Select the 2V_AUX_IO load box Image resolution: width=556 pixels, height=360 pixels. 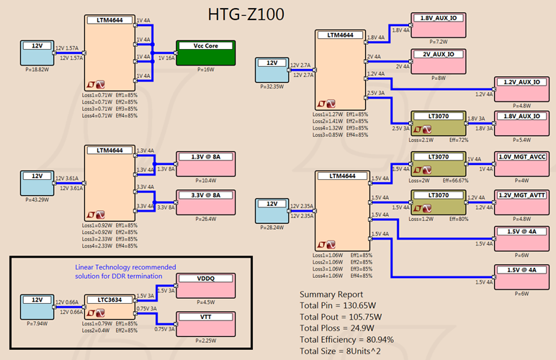[x=438, y=59]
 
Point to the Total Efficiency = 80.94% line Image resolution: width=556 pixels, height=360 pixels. [x=354, y=338]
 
